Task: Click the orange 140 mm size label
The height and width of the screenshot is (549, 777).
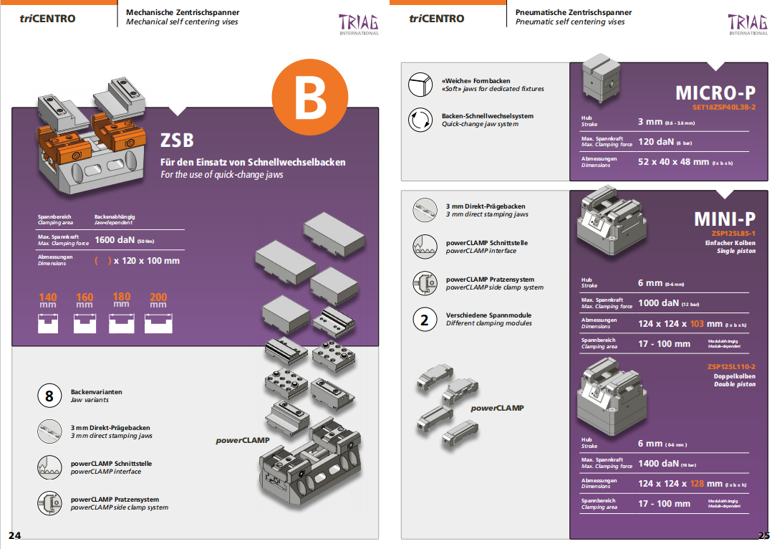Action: pyautogui.click(x=48, y=297)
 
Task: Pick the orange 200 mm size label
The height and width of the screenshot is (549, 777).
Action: pyautogui.click(x=158, y=297)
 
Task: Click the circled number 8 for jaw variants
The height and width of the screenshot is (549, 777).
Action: pyautogui.click(x=49, y=396)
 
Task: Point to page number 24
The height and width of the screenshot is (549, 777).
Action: pyautogui.click(x=15, y=535)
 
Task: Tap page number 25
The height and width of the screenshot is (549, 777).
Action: pyautogui.click(x=763, y=535)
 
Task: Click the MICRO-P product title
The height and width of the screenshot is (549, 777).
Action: pyautogui.click(x=715, y=93)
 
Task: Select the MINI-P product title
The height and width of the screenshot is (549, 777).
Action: pyautogui.click(x=724, y=219)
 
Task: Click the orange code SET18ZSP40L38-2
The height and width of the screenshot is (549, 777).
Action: pyautogui.click(x=723, y=107)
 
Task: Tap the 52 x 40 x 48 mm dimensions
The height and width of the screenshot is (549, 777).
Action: pyautogui.click(x=673, y=162)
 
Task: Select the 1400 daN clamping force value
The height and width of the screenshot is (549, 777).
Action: pyautogui.click(x=659, y=463)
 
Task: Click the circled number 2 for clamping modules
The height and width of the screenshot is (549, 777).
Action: pyautogui.click(x=424, y=320)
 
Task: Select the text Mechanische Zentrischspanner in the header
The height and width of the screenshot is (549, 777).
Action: pyautogui.click(x=183, y=12)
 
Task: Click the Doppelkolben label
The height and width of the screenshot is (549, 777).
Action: pyautogui.click(x=734, y=376)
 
